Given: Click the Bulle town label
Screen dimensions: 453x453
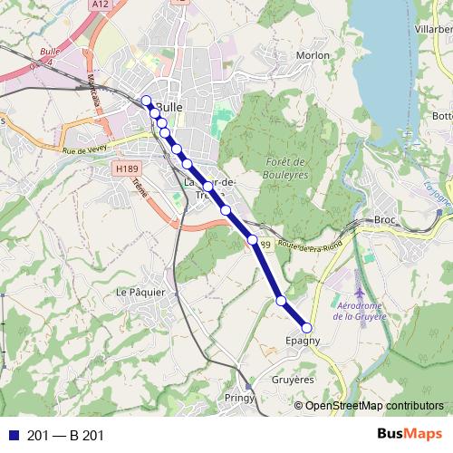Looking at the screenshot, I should coord(169,106).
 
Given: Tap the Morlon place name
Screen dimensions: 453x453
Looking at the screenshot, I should coord(313,55).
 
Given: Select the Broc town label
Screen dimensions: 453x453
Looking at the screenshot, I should coord(386,220).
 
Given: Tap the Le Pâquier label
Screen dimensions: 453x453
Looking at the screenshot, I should coord(140,292).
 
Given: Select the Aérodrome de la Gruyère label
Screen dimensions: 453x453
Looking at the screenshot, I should coord(360,311).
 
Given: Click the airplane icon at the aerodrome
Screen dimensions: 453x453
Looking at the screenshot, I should coord(360,294).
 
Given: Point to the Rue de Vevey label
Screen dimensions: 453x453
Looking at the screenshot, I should coord(84,150).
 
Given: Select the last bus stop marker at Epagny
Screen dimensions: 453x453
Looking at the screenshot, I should coord(306,328).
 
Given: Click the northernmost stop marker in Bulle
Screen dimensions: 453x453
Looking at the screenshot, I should coord(147,101).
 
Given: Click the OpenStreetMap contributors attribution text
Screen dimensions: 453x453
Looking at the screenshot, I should coord(374,405).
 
